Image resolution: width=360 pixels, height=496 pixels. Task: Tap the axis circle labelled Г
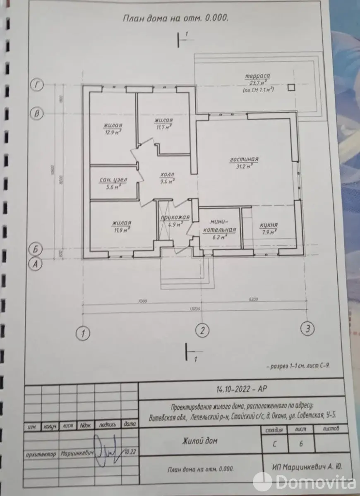[38, 85]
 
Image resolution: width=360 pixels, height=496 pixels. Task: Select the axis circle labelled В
[38, 113]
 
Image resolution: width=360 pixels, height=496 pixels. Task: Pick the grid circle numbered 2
[202, 330]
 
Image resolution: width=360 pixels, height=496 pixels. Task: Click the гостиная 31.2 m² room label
[244, 162]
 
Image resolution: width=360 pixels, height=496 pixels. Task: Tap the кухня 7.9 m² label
[269, 228]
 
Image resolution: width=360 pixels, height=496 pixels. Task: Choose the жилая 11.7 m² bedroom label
[163, 124]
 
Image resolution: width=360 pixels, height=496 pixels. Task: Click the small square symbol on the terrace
[292, 87]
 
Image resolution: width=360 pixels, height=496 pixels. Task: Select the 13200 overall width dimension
[194, 309]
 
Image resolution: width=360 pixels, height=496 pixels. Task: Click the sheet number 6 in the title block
[301, 443]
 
